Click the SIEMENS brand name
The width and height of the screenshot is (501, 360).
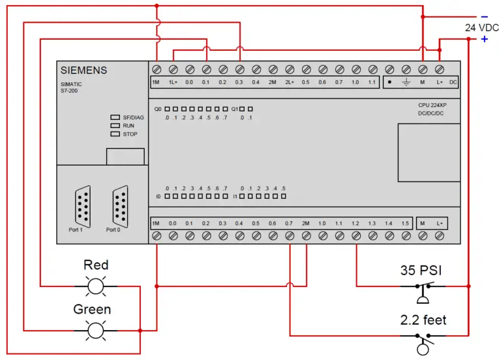(x=83, y=70)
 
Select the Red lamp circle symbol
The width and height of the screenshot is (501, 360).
(x=95, y=286)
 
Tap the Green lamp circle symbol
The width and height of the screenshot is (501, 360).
(x=95, y=330)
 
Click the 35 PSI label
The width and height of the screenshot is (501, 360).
(x=421, y=270)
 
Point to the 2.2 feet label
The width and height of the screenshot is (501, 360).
(x=423, y=320)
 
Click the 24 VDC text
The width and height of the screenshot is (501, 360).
(x=482, y=28)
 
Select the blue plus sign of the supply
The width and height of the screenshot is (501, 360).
(x=485, y=39)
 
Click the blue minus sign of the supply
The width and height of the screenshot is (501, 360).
(x=485, y=16)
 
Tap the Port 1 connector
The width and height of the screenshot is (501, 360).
(x=83, y=206)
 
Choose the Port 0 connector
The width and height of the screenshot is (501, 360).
(x=120, y=206)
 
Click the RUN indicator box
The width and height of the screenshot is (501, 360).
(x=115, y=125)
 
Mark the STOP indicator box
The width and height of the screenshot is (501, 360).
(x=115, y=134)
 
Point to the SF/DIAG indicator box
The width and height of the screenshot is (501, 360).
(x=115, y=117)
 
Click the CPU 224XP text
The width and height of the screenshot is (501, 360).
(x=433, y=105)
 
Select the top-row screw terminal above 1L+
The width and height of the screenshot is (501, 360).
(x=173, y=69)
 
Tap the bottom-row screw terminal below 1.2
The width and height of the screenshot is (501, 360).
(x=356, y=235)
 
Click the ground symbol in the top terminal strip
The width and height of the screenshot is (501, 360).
(x=406, y=82)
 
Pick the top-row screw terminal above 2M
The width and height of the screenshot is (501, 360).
(x=273, y=69)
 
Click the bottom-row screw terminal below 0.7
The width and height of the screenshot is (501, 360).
(x=290, y=235)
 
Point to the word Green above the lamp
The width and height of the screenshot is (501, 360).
(x=92, y=309)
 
